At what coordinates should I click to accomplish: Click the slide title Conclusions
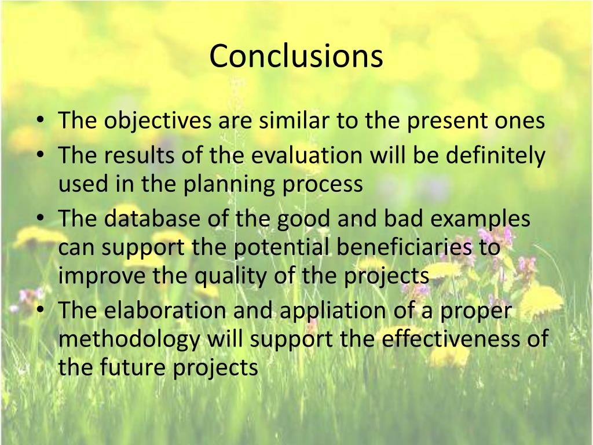point(296,57)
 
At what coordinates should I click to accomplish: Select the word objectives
point(158,121)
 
